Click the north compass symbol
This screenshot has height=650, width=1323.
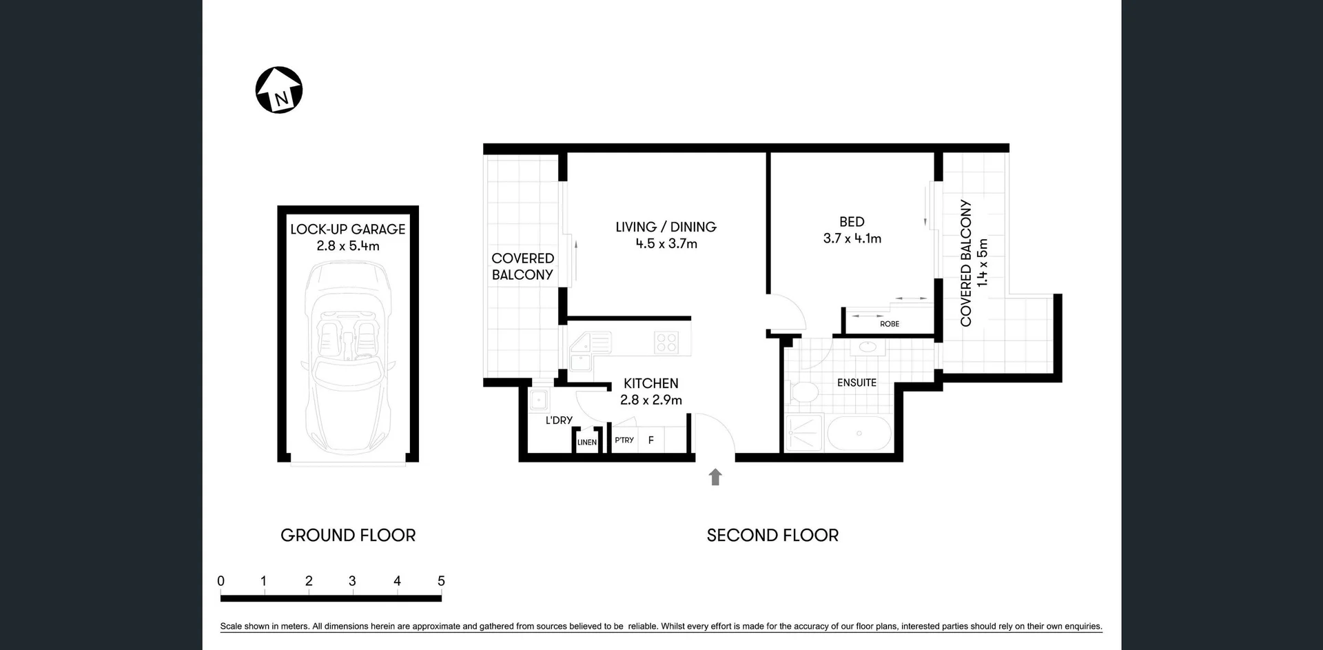pos(279,90)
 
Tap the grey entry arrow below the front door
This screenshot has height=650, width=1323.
pos(715,476)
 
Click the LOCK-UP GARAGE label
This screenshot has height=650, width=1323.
pos(347,229)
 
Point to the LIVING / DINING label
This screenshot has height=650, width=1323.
pos(666,227)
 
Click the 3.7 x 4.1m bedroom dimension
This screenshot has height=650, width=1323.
pos(852,238)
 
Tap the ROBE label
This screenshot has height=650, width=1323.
pos(889,324)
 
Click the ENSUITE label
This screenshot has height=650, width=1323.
pos(857,383)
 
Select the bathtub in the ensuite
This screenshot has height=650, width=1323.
pos(859,434)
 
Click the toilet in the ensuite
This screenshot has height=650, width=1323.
pos(803,392)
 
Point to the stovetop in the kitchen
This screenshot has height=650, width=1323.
pos(666,343)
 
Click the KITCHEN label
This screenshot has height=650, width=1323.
pos(650,383)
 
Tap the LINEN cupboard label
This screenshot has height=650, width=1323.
pos(587,443)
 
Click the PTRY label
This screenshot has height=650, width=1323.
pos(624,440)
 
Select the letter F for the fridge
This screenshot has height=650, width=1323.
pos(650,440)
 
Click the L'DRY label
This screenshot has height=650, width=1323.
pos(559,420)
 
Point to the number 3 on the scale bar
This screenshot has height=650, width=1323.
pos(352,581)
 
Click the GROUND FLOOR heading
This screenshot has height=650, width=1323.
pos(348,535)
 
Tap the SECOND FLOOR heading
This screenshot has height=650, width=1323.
pos(772,535)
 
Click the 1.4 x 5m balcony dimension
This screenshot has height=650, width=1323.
pos(983,263)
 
